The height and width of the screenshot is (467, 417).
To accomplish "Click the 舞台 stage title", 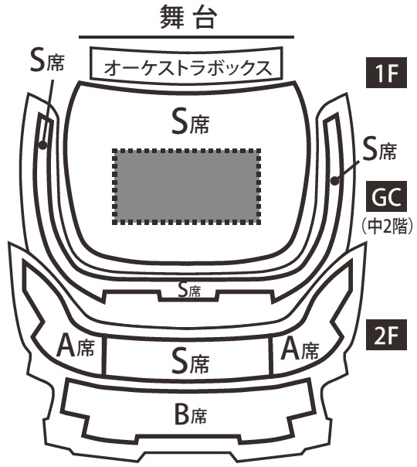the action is (x=188, y=19).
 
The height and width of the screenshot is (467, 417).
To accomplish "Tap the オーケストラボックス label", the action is (x=188, y=67).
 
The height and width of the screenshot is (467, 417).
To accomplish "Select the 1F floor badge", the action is (x=386, y=73).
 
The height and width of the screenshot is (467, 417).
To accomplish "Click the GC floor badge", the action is (x=386, y=196).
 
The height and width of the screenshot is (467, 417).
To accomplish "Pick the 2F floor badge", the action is (x=386, y=335).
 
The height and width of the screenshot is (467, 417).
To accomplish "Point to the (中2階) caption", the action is (x=387, y=227).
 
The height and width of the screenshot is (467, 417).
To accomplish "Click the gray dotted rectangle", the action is (x=187, y=186).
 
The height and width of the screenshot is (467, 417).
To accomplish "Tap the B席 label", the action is (x=191, y=415).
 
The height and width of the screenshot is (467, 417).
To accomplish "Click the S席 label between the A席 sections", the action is (x=191, y=362).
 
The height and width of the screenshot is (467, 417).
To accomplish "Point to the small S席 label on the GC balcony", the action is (x=189, y=290).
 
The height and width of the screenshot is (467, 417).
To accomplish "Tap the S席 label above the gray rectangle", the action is (x=191, y=121).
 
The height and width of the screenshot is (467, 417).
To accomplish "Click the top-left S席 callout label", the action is (x=47, y=61).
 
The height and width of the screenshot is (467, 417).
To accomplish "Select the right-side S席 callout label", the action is (x=380, y=150).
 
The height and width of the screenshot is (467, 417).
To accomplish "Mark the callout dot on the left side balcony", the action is (x=42, y=145).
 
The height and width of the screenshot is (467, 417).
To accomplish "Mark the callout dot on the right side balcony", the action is (x=335, y=180).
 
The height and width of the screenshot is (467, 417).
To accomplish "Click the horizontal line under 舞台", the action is (x=186, y=37).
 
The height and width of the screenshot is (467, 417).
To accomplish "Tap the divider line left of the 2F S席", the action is (x=104, y=355).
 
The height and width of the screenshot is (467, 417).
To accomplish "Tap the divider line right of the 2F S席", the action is (x=271, y=356).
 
